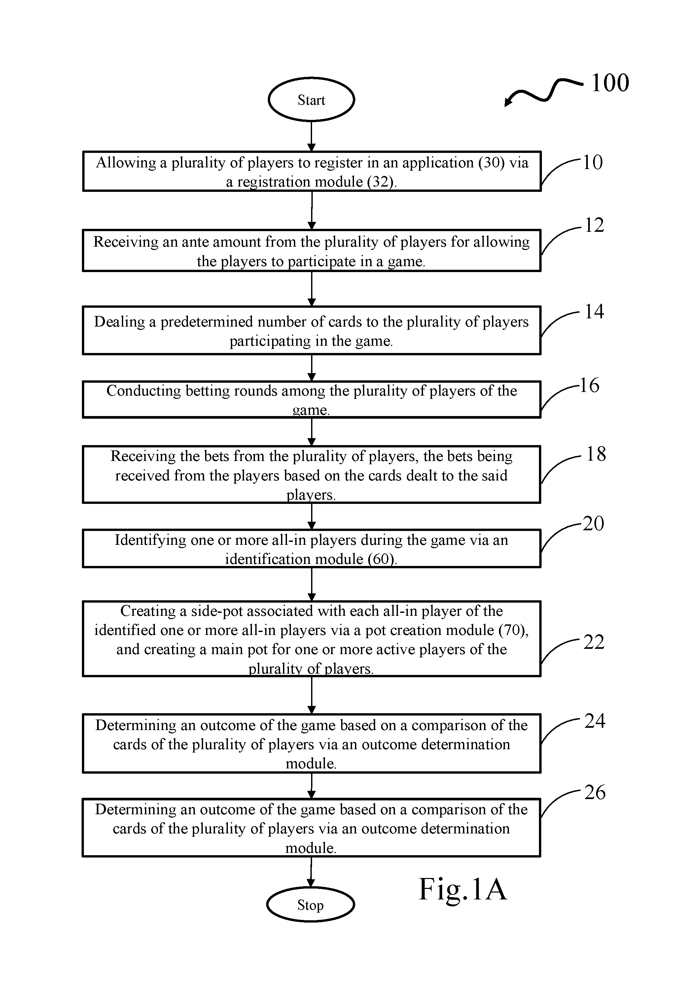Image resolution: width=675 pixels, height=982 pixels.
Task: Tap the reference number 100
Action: (x=610, y=83)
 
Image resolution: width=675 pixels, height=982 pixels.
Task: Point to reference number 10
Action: (x=592, y=162)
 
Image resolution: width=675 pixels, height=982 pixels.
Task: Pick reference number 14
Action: (x=594, y=311)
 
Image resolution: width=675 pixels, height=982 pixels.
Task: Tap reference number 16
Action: (x=589, y=385)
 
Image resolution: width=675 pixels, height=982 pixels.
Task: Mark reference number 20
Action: (x=593, y=524)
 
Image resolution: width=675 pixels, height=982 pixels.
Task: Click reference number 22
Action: (x=594, y=642)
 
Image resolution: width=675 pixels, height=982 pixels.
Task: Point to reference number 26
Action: (x=595, y=792)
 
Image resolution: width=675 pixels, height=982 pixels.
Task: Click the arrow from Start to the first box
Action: (x=311, y=136)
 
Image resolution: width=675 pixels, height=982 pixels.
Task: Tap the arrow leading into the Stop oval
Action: (x=311, y=872)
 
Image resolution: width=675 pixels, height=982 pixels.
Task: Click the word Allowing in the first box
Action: (x=126, y=163)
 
